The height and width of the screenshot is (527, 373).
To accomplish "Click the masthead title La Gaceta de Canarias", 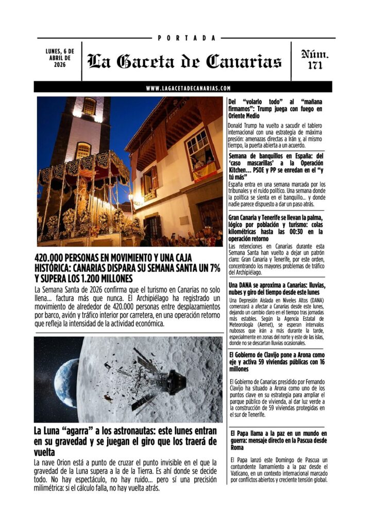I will pos(184,62).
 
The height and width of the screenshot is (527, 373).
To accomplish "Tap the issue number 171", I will pos(314,66).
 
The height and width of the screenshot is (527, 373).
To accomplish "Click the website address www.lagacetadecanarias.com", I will pos(188,88).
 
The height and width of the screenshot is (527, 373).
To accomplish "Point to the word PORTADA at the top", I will pos(186,38).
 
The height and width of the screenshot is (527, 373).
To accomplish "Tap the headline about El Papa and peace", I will pos(276,441).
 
